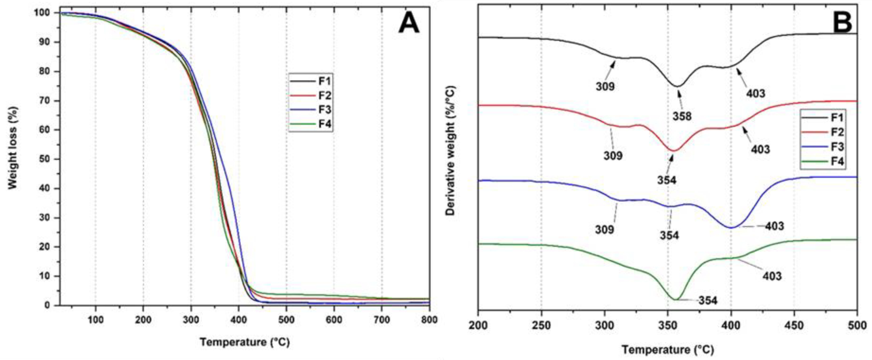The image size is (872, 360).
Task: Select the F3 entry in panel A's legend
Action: pyautogui.click(x=324, y=110)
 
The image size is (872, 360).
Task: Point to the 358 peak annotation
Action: pyautogui.click(x=682, y=116)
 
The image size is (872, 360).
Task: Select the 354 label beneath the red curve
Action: pyautogui.click(x=667, y=180)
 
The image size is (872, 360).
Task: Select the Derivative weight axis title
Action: pyautogui.click(x=450, y=151)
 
